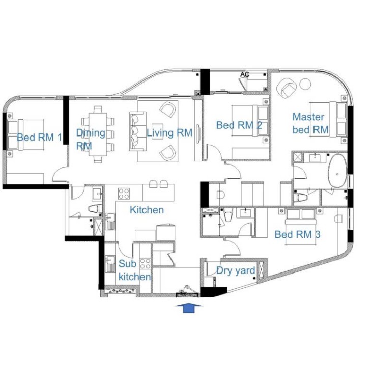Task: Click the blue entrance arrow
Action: (189, 308)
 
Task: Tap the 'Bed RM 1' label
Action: (39, 138)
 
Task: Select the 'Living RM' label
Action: (169, 133)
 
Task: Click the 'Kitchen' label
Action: (147, 210)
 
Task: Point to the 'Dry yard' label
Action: (236, 270)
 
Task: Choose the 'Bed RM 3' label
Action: (298, 235)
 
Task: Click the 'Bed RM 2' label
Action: (239, 125)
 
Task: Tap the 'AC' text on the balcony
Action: (245, 74)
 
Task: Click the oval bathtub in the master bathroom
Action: (337, 171)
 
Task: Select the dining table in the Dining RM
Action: (98, 134)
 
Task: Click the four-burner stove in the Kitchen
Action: (124, 194)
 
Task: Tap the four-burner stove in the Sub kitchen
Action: (145, 264)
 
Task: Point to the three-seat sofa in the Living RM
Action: (138, 131)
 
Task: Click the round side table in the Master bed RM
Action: (305, 84)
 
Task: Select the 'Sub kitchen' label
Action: (135, 270)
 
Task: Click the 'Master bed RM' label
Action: (310, 123)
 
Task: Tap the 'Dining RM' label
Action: (91, 140)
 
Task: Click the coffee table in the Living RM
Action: (157, 131)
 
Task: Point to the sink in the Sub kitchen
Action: (110, 260)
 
